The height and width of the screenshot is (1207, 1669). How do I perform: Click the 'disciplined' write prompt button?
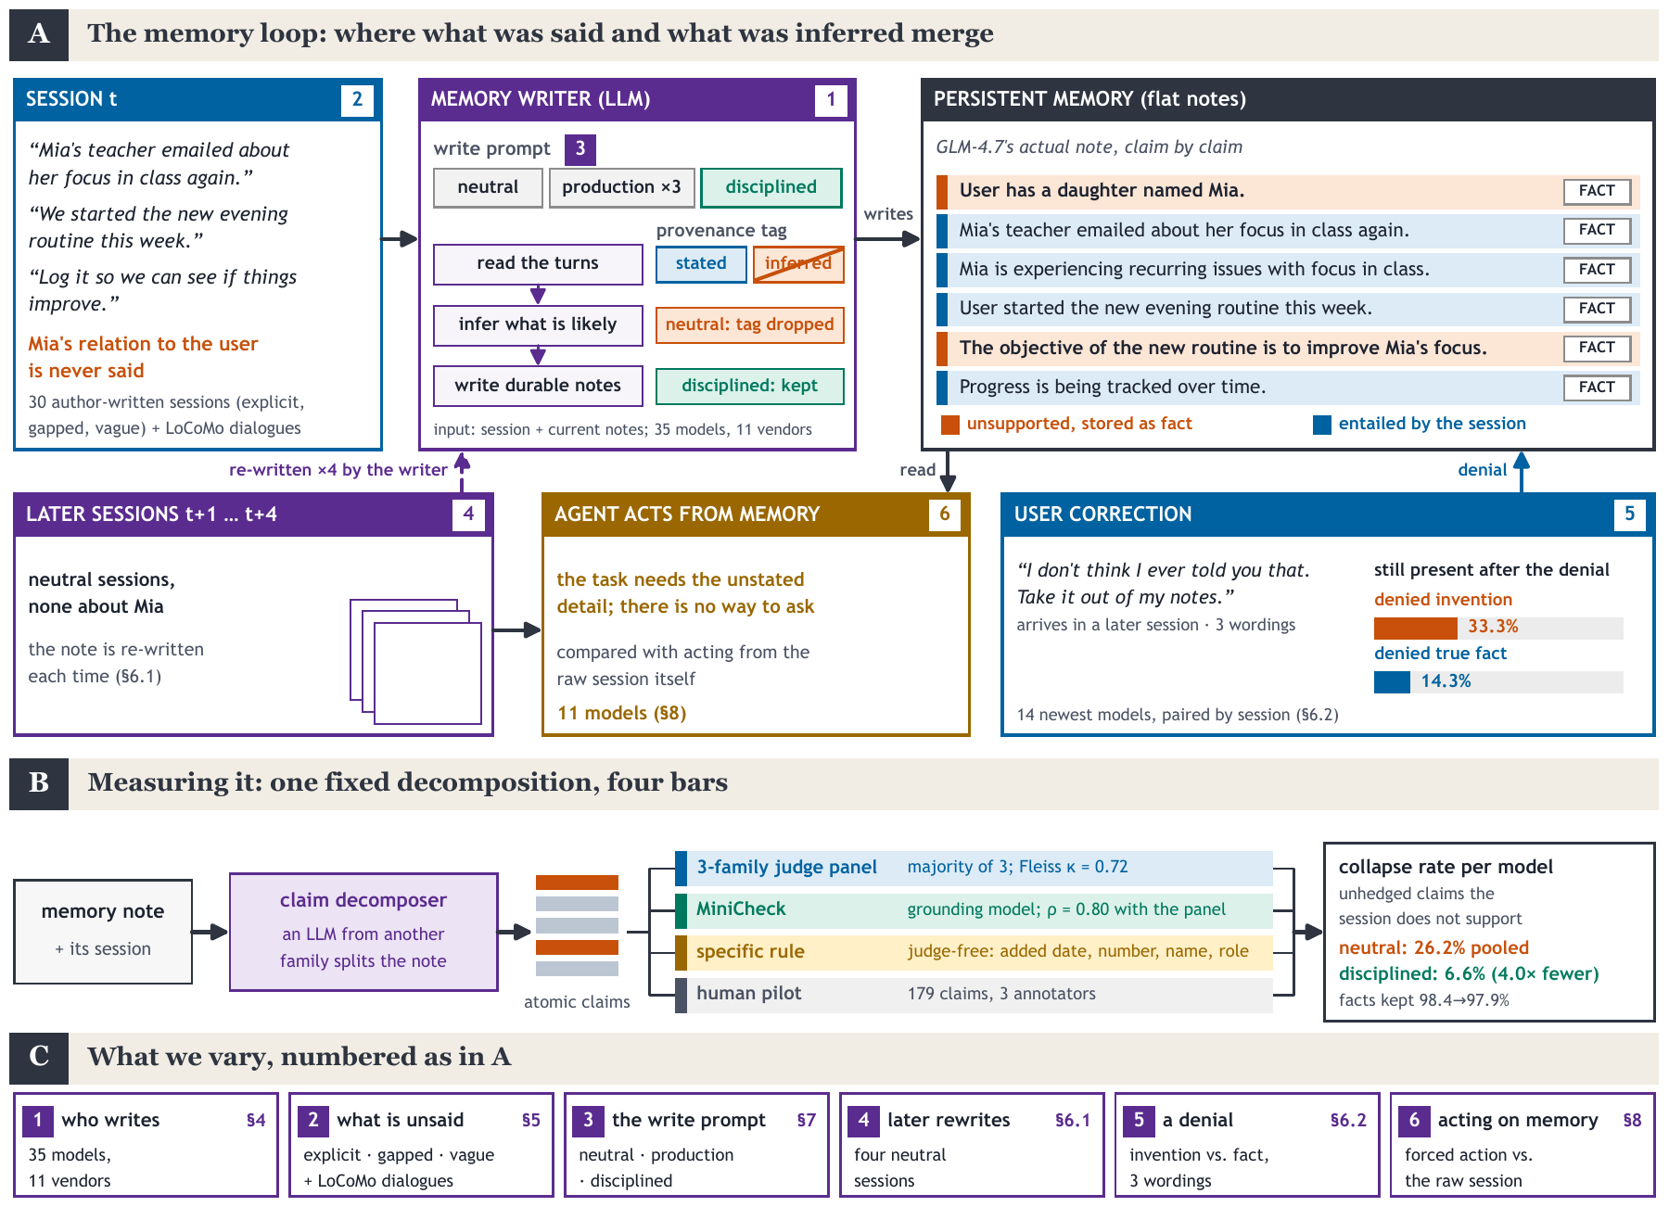(771, 187)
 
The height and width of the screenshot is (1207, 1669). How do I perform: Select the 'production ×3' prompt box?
(621, 187)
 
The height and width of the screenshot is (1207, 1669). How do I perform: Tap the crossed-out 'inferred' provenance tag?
(798, 263)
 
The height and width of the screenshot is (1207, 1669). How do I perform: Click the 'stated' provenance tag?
(701, 263)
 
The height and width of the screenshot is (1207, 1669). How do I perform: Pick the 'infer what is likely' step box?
(538, 324)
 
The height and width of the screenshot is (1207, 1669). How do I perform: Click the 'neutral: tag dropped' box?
(750, 324)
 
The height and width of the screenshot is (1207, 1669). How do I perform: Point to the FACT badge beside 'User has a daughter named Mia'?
(1597, 191)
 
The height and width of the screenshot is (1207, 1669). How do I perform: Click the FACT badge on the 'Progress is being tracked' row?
(1597, 388)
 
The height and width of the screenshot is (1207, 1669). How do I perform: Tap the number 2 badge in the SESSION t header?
(358, 99)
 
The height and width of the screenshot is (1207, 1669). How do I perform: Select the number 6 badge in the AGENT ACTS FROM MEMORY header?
(945, 515)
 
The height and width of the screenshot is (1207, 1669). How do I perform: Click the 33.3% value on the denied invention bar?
(1493, 627)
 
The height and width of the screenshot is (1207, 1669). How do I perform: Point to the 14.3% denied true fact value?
(1446, 681)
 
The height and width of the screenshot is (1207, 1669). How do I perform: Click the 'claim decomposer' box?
(363, 932)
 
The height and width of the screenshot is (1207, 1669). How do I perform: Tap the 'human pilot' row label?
(749, 994)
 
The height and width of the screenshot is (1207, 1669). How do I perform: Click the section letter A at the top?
(39, 34)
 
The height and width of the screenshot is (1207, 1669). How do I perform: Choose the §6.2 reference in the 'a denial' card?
(1348, 1121)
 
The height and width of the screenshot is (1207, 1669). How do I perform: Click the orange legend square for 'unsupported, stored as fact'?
(950, 425)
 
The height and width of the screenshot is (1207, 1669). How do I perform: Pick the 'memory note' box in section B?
(103, 932)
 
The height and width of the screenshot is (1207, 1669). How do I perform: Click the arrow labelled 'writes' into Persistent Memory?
(887, 239)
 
